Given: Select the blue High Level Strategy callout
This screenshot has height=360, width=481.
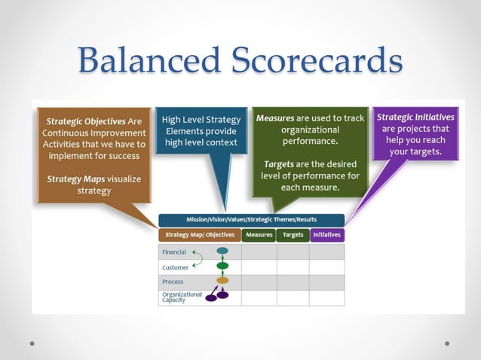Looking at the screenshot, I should coord(201,131).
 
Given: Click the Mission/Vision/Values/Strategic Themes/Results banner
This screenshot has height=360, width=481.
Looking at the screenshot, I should coord(251,220).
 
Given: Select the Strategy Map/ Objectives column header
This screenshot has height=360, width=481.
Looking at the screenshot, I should coord(199,235).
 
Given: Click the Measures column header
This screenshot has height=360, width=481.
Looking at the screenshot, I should coord(259,235).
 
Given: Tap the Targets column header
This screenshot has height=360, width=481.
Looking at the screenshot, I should coord(293,235).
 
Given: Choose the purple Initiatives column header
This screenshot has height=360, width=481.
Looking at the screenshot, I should coord(326,235).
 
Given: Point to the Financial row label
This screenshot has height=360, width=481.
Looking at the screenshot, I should coord(174,252).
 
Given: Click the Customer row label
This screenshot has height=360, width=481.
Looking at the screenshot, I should coord(175,267).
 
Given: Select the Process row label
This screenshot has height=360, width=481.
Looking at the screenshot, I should coord(173,282).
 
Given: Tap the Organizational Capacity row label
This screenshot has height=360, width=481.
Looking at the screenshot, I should coord(181,297).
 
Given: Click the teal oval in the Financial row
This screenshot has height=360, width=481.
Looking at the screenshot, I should coord(222,251).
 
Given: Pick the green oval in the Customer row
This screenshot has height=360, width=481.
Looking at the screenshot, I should coord(222,265).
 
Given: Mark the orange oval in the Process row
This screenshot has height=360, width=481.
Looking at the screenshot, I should coord(222,280).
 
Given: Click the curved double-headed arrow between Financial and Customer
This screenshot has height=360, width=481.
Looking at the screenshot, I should coord(198,259).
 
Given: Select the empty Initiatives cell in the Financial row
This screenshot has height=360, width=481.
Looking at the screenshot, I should coord(326,252).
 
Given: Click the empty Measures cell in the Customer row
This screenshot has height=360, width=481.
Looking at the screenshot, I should coord(259,267).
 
